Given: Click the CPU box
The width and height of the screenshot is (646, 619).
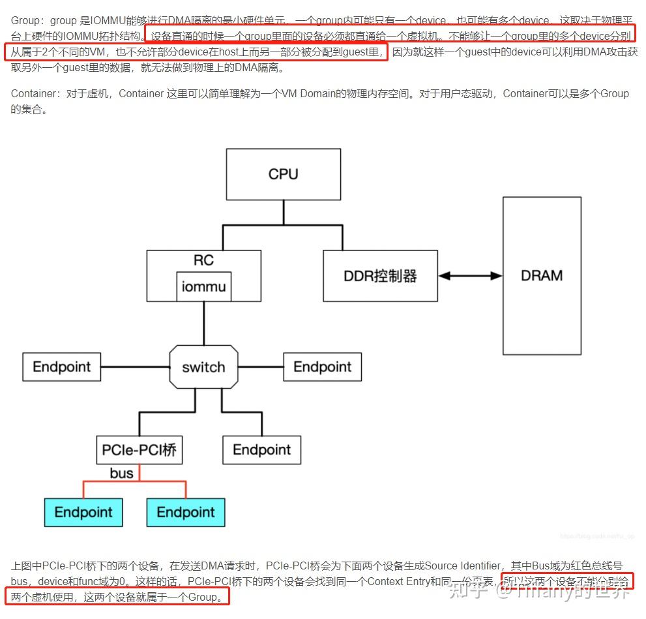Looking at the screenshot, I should (283, 174).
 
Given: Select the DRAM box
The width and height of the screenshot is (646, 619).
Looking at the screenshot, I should (542, 275).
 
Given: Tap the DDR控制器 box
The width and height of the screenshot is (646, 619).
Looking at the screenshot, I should (380, 275).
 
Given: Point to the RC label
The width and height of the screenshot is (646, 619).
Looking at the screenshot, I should (203, 260).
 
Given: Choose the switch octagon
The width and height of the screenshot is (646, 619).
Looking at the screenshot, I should (203, 367).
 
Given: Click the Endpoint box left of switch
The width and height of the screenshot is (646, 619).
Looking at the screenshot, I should (62, 367).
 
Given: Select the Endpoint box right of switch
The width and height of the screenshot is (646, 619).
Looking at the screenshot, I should (322, 367).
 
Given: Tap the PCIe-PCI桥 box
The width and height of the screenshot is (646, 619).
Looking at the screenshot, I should (139, 450).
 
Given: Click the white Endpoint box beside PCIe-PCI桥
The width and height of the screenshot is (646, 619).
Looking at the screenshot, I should (262, 450).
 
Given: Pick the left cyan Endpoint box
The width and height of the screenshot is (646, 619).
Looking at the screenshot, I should (83, 513).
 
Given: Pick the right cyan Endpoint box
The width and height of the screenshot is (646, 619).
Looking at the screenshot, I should (186, 513).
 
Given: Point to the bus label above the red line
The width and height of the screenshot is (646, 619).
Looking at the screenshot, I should (122, 474).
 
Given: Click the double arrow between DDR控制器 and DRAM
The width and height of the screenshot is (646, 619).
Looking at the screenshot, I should (470, 276).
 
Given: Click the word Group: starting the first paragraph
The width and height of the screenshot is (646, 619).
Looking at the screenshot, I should (25, 22).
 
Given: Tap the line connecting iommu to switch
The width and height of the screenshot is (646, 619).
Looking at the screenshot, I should (204, 324).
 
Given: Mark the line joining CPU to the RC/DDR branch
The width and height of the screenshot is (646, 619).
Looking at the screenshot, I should (283, 213).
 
